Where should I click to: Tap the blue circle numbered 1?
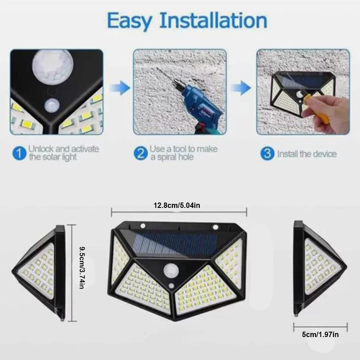(18, 154)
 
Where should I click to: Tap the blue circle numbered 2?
(141, 154)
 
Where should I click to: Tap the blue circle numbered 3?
(268, 154)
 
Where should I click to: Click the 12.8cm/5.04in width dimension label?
(179, 205)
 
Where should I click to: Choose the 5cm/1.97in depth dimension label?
(320, 334)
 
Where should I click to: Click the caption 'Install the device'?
(306, 154)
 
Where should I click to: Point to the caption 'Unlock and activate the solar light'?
(63, 153)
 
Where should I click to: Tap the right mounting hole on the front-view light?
(216, 226)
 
